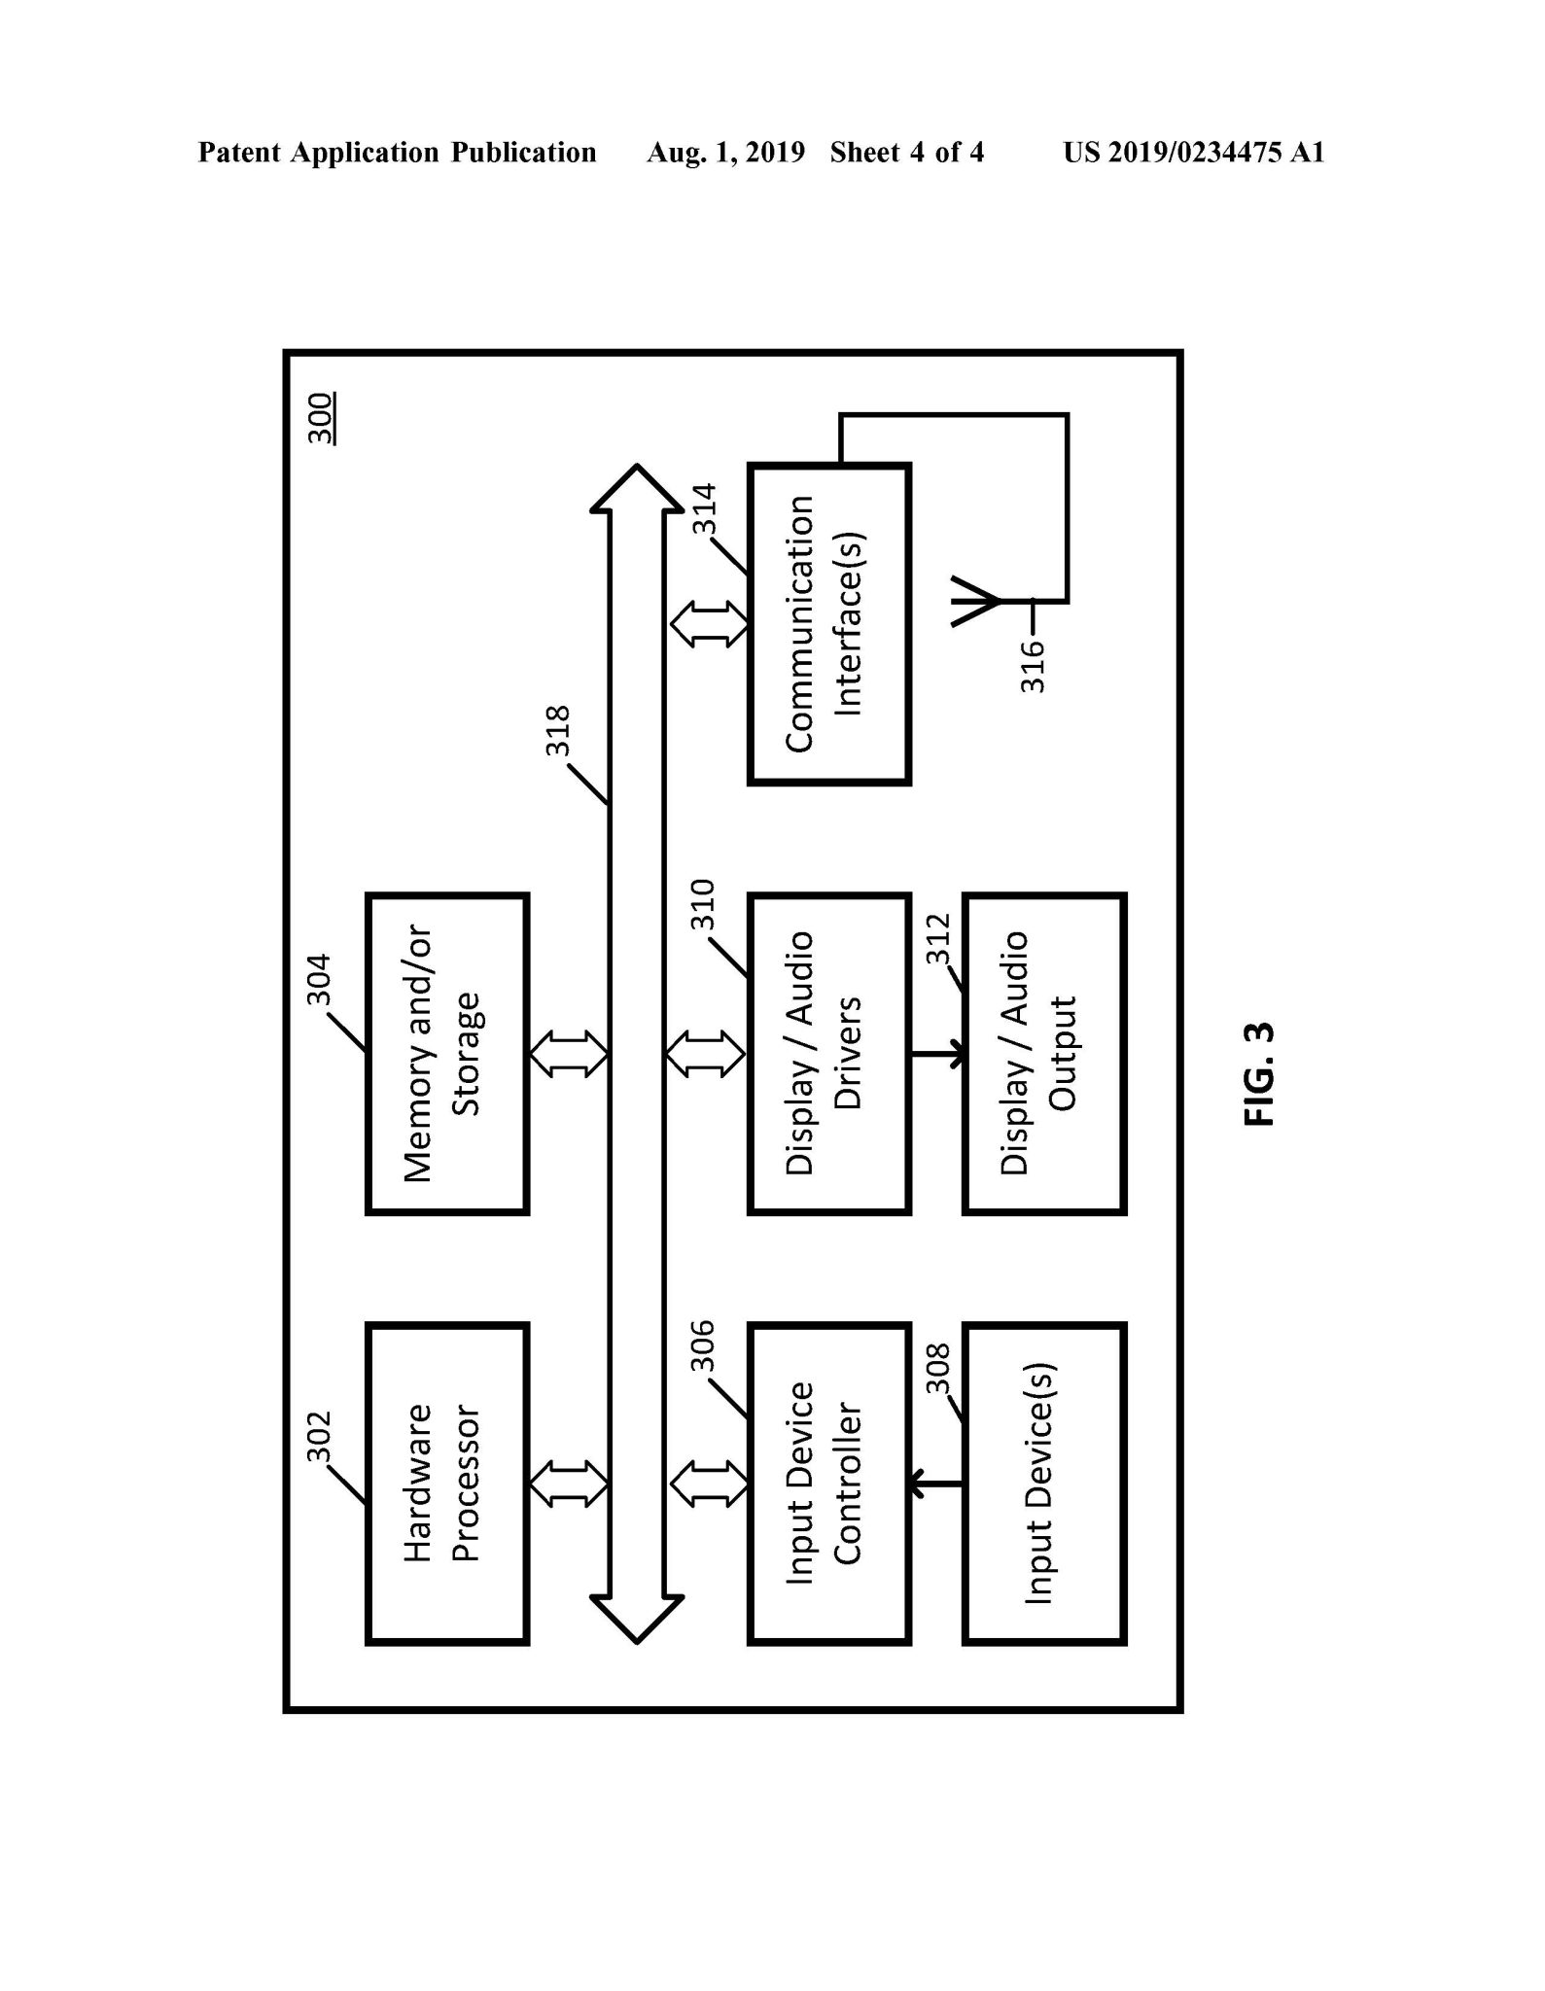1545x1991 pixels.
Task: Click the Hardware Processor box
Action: (x=447, y=1484)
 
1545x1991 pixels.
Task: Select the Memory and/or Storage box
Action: (x=447, y=1054)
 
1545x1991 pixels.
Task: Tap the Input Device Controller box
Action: (x=828, y=1484)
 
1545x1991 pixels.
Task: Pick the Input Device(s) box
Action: (x=1044, y=1484)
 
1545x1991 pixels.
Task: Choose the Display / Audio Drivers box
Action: (x=828, y=1054)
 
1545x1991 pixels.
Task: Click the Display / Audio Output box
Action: (x=1044, y=1054)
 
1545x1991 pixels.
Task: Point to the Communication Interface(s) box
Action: (x=828, y=624)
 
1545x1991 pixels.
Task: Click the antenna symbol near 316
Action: (x=978, y=602)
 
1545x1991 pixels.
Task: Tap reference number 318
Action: (x=557, y=730)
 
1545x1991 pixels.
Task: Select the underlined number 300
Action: (x=321, y=418)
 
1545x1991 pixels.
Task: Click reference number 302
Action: (x=318, y=1437)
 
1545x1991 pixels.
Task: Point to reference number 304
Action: (x=318, y=979)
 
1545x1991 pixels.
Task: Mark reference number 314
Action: (x=703, y=508)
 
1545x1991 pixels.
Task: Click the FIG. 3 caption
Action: (x=1258, y=1073)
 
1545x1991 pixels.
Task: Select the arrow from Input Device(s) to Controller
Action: (x=935, y=1484)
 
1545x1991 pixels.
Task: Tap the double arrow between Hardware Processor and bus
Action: (x=569, y=1484)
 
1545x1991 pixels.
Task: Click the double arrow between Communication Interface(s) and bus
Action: (x=710, y=624)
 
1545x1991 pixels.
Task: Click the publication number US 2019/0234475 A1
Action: (x=1193, y=153)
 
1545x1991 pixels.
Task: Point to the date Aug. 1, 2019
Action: (x=725, y=153)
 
